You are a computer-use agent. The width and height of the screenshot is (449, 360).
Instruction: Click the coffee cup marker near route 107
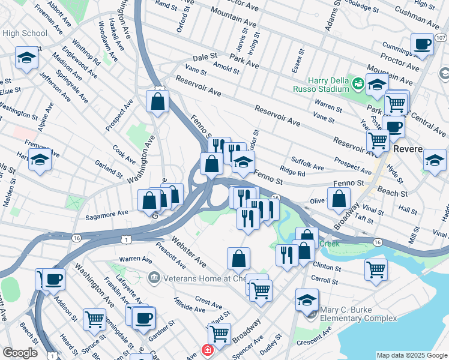(x=422, y=44)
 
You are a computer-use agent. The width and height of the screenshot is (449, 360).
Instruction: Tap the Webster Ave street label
(x=188, y=251)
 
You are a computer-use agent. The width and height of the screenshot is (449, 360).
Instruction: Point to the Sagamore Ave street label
(x=107, y=214)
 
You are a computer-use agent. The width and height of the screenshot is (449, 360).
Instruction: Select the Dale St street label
(x=205, y=57)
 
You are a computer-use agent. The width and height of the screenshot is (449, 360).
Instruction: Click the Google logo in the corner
(x=20, y=353)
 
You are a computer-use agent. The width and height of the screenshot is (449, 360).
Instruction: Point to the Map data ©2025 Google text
(x=412, y=356)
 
